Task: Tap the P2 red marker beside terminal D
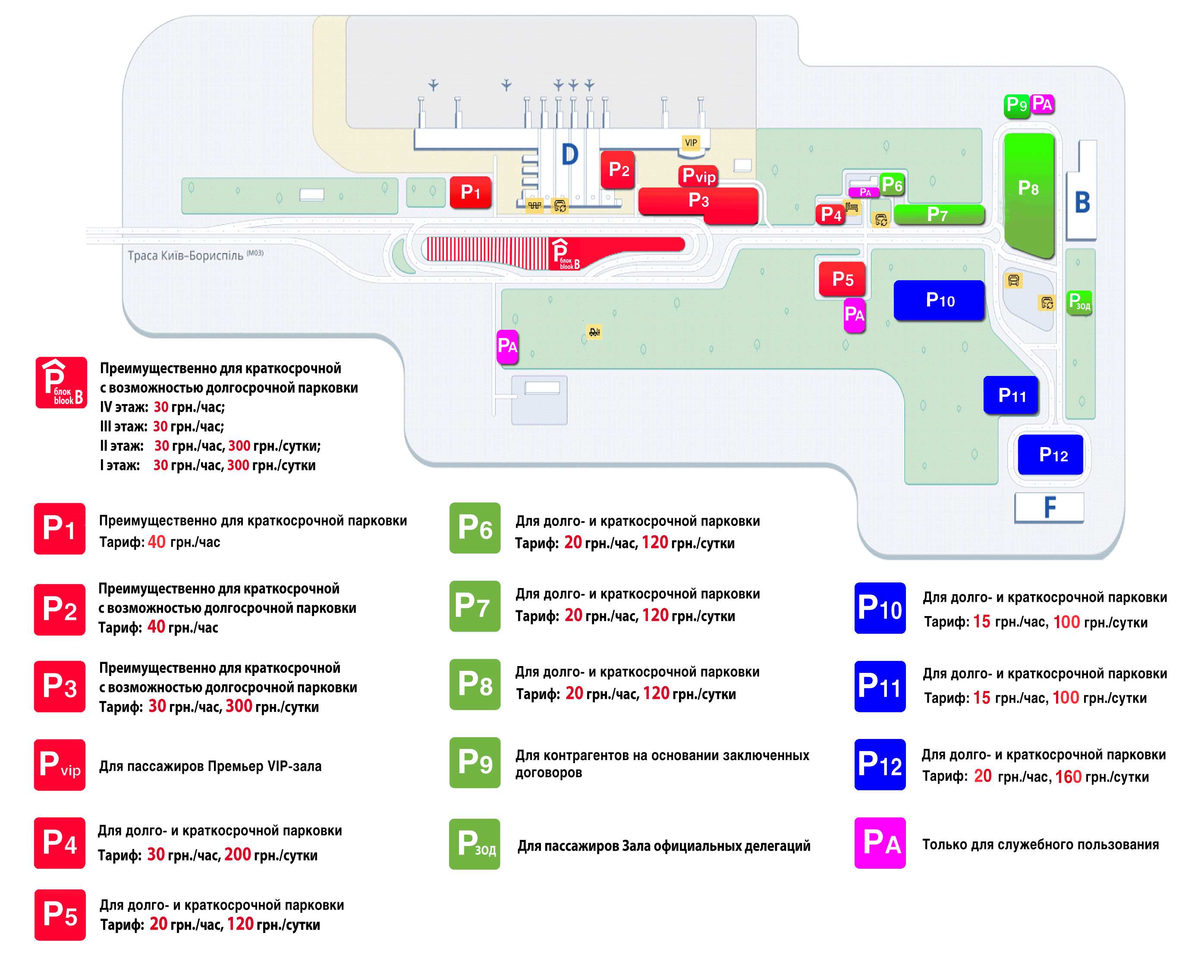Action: point(618,169)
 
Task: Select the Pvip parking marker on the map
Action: point(698,176)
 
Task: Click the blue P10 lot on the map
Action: point(939,300)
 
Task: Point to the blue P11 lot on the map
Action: point(1011,395)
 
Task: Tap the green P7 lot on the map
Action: point(939,214)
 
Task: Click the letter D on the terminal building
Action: point(569,154)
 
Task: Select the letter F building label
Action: point(1050,507)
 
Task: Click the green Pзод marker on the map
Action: point(1079,303)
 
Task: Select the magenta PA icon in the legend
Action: point(880,843)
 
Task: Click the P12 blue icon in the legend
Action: point(880,765)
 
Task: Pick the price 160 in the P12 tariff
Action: point(1068,777)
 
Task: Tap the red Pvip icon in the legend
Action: point(60,765)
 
